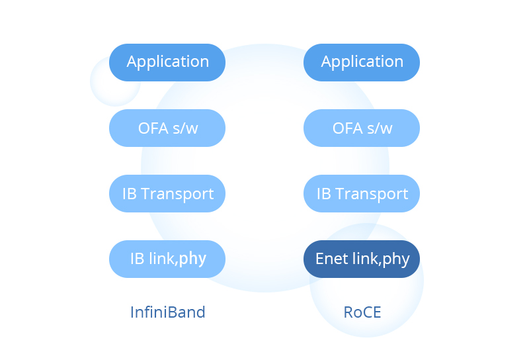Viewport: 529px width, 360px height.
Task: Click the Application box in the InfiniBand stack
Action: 167,62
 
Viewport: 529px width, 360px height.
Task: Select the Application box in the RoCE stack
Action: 362,62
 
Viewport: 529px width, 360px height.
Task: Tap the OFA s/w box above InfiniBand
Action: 167,128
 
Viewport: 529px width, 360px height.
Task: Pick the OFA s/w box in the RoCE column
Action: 362,128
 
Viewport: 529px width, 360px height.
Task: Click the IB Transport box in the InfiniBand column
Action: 167,193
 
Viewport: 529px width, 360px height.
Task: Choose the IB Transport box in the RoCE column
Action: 362,193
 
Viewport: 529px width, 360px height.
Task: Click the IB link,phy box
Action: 167,259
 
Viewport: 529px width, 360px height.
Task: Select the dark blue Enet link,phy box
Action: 362,259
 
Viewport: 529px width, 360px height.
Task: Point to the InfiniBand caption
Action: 168,312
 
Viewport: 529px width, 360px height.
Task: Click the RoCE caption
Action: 362,312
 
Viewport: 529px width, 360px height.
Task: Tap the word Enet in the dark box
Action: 333,259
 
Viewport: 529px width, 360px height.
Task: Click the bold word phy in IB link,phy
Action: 192,259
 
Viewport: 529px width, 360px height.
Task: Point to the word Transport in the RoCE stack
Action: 372,194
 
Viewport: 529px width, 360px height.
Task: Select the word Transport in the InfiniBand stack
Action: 177,194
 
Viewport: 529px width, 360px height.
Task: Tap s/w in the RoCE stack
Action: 380,128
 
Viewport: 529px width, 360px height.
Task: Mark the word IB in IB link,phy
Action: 138,259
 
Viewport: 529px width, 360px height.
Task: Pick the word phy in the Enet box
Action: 396,259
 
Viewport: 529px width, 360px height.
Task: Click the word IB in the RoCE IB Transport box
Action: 324,194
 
